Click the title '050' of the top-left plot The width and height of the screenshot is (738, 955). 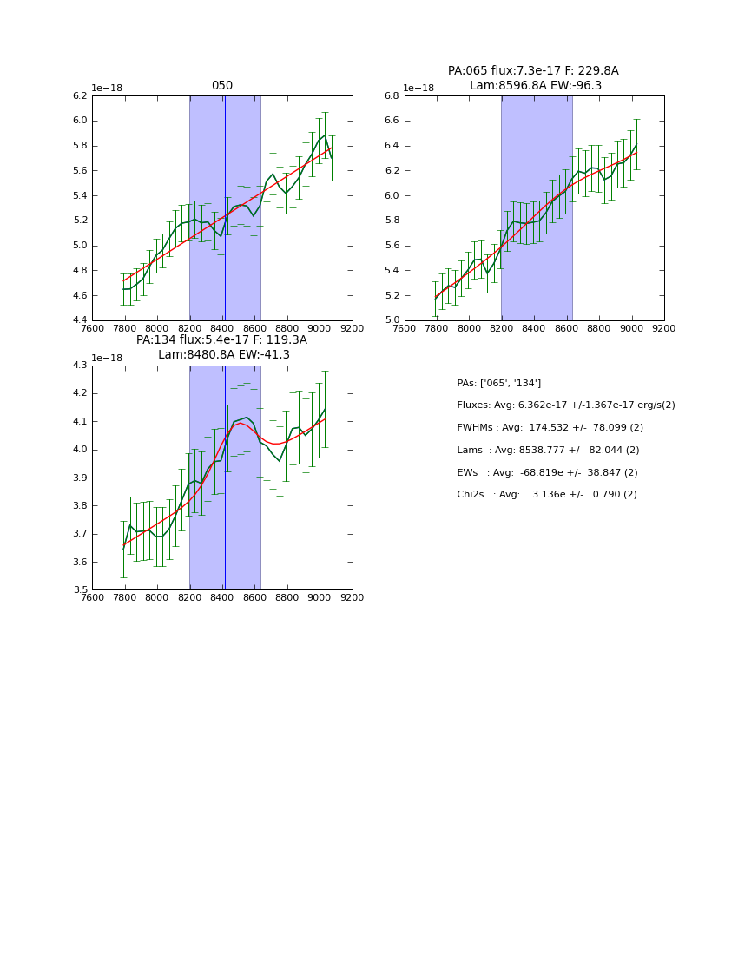222,86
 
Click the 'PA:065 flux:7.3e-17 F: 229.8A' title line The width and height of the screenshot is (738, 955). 533,71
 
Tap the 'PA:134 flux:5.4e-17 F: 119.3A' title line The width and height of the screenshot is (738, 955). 221,340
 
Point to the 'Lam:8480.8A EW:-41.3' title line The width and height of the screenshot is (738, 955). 223,355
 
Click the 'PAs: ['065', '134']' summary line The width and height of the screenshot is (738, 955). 498,383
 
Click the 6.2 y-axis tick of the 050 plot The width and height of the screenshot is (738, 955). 79,95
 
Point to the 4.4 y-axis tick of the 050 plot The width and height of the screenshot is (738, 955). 79,320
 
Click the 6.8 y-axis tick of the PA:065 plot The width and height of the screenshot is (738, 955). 392,95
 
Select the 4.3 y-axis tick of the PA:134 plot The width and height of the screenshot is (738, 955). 79,366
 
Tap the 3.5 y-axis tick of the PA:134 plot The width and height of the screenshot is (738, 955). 79,590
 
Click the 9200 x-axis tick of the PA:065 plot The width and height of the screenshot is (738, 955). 664,328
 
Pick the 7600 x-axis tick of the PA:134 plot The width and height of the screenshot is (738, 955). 92,597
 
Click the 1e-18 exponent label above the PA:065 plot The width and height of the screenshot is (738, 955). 418,89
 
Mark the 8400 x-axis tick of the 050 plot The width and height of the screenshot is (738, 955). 222,328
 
